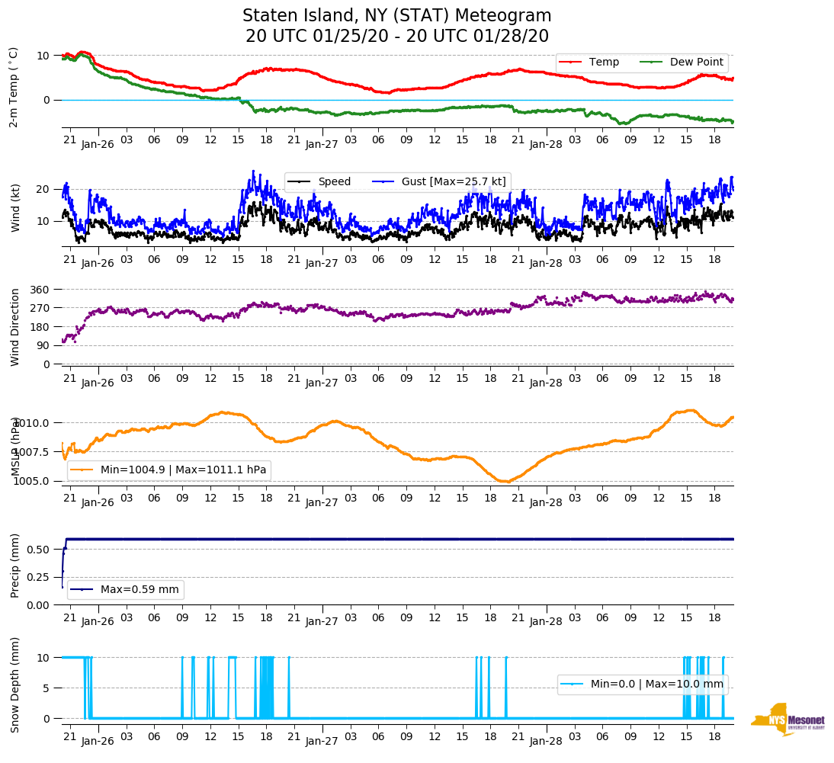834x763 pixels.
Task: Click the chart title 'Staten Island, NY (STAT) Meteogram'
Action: pyautogui.click(x=396, y=16)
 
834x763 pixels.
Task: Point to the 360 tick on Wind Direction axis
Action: pyautogui.click(x=40, y=290)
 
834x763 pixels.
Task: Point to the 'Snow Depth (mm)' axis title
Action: pyautogui.click(x=16, y=685)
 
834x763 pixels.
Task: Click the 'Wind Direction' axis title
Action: pyautogui.click(x=16, y=327)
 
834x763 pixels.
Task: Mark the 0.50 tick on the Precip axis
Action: pyautogui.click(x=39, y=550)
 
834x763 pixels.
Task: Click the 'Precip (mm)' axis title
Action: pyautogui.click(x=16, y=566)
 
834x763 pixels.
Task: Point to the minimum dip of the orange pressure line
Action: pyautogui.click(x=505, y=482)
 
